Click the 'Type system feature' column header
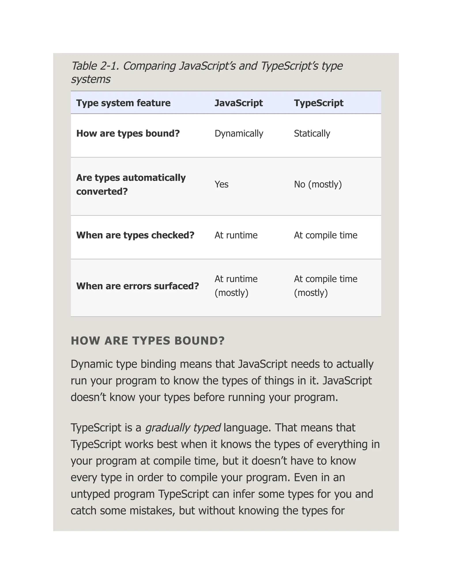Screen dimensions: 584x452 [123, 103]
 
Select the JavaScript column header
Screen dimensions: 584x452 [238, 103]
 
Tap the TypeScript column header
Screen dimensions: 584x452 [318, 103]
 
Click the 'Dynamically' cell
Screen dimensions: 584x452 [239, 133]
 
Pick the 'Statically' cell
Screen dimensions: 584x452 [312, 133]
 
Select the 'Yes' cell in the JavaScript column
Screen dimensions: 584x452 [221, 184]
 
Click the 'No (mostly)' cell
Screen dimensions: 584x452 [318, 184]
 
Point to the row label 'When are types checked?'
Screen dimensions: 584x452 [135, 235]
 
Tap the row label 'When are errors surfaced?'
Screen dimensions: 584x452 [137, 286]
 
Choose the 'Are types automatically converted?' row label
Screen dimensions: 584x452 [131, 184]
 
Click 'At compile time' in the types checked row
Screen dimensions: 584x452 [326, 235]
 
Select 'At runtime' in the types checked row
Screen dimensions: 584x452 [236, 235]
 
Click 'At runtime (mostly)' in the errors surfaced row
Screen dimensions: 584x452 [236, 286]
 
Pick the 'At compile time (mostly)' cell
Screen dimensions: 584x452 [326, 286]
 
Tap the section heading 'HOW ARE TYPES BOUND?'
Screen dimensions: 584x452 [148, 341]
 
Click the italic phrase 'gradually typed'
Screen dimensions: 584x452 [183, 428]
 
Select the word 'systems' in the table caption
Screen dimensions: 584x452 [90, 79]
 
